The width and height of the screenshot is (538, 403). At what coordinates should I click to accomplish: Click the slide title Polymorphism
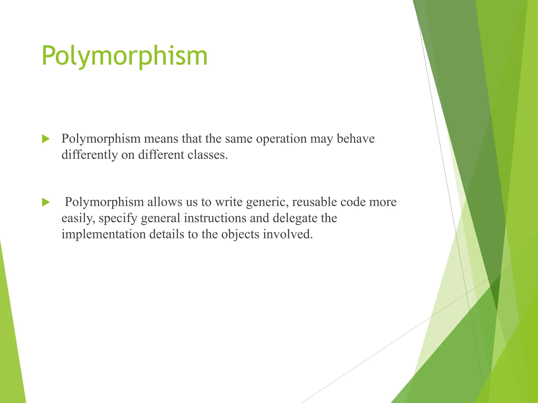point(125,56)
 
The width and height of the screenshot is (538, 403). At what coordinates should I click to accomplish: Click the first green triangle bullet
point(46,139)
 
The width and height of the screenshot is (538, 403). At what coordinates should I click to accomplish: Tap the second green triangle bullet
point(46,202)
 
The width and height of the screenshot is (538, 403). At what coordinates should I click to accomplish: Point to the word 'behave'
point(356,139)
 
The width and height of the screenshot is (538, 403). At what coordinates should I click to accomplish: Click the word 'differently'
point(89,155)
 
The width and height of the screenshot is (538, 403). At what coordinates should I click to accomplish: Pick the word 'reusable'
point(314,202)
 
